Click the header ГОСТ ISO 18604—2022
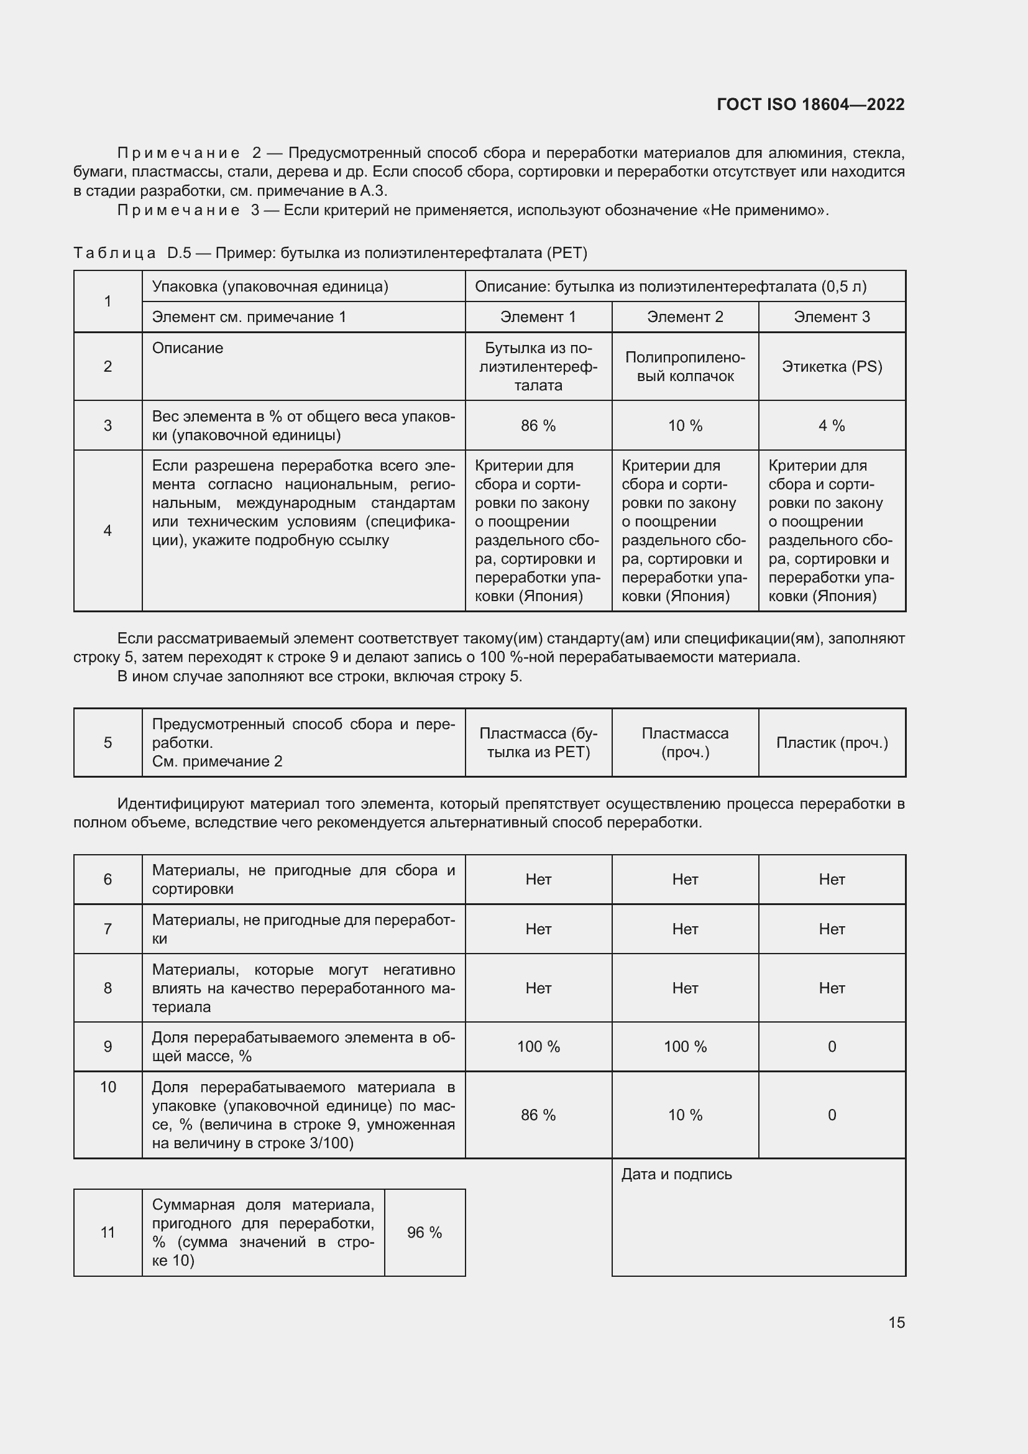pyautogui.click(x=810, y=104)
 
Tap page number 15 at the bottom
pyautogui.click(x=896, y=1322)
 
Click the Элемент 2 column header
pyautogui.click(x=685, y=316)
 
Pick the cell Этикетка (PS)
pyautogui.click(x=832, y=367)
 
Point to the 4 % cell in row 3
pyautogui.click(x=832, y=426)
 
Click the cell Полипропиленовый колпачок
pyautogui.click(x=685, y=367)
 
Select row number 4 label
pyautogui.click(x=108, y=531)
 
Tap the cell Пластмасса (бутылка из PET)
pyautogui.click(x=538, y=743)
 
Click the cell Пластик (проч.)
pyautogui.click(x=832, y=743)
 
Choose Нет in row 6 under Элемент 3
pyautogui.click(x=832, y=879)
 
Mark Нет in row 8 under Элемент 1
pyautogui.click(x=538, y=988)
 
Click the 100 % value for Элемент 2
pyautogui.click(x=685, y=1047)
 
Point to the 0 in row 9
pyautogui.click(x=832, y=1047)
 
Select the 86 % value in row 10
pyautogui.click(x=538, y=1115)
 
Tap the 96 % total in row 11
pyautogui.click(x=424, y=1232)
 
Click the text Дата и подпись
pyautogui.click(x=676, y=1174)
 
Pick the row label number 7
pyautogui.click(x=108, y=929)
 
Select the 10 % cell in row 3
pyautogui.click(x=685, y=426)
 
